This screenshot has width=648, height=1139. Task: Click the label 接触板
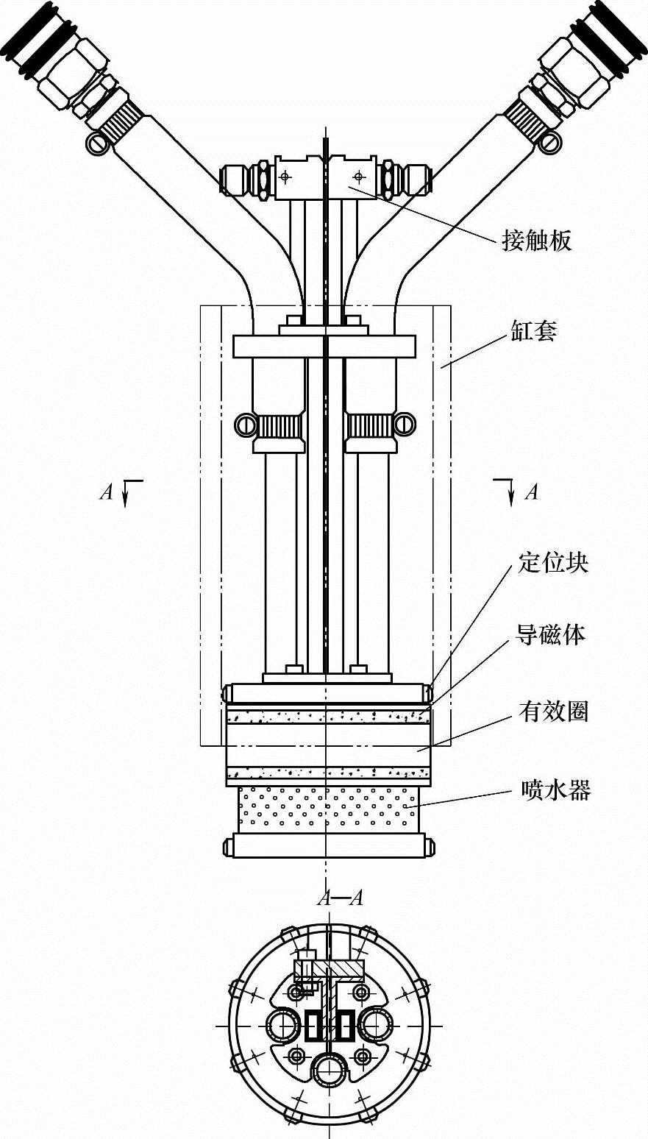click(536, 241)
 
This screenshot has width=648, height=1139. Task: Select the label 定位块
click(553, 564)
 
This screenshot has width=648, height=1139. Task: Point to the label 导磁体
click(551, 634)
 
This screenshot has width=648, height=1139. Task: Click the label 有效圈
click(553, 712)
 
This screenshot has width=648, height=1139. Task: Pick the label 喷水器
click(556, 791)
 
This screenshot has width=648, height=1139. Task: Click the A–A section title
click(340, 898)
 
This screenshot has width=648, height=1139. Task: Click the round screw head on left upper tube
click(96, 143)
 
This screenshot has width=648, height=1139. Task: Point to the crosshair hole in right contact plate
click(358, 177)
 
